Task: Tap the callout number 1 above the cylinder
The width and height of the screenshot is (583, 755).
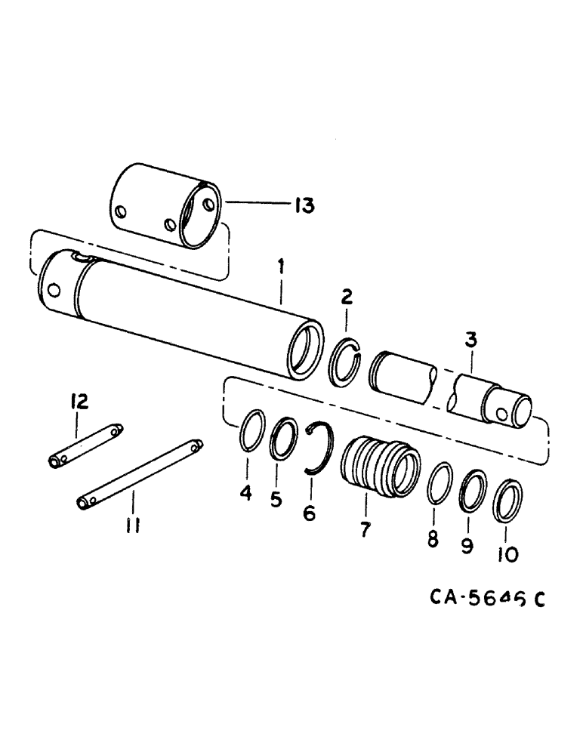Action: click(x=281, y=265)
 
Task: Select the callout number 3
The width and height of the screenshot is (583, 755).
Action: click(x=470, y=341)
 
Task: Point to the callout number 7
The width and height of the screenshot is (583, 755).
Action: click(x=365, y=529)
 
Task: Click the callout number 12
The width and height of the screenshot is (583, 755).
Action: click(x=79, y=401)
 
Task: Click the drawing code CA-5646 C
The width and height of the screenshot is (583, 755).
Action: click(x=487, y=598)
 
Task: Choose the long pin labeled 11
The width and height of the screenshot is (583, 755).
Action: click(x=140, y=474)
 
